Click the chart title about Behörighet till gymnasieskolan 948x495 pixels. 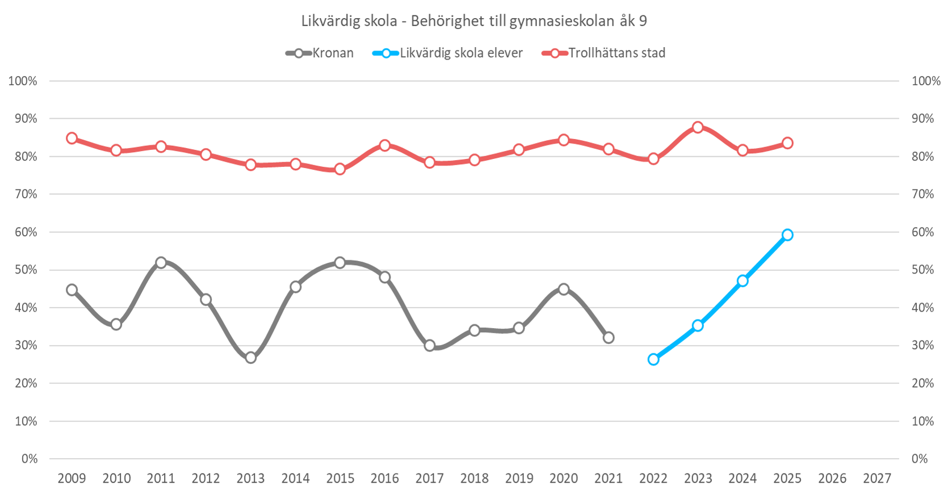click(x=473, y=22)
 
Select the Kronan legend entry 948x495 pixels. click(x=320, y=53)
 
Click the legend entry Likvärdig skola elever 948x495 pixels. click(x=448, y=53)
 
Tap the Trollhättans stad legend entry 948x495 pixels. click(x=604, y=53)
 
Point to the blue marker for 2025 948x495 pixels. click(x=787, y=235)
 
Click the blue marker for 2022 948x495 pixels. click(x=653, y=359)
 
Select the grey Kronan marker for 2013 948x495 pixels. click(x=251, y=358)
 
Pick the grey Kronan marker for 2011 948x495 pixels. click(x=161, y=263)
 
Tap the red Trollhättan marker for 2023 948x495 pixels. click(x=698, y=127)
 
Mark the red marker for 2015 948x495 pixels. click(x=340, y=169)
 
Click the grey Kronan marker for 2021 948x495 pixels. click(x=609, y=338)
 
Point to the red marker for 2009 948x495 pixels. click(x=72, y=139)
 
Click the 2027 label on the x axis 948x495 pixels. click(x=876, y=479)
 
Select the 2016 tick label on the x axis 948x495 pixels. click(x=385, y=479)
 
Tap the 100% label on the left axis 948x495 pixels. click(x=23, y=81)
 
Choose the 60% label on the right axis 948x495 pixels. click(x=922, y=232)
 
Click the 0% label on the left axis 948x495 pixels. click(x=30, y=459)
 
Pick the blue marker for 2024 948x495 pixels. click(x=743, y=281)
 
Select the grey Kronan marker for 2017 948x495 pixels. click(x=430, y=346)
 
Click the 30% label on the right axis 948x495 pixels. click(x=922, y=345)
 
